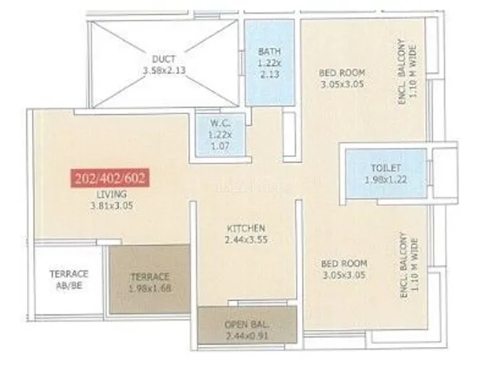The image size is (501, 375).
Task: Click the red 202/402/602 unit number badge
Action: (x=110, y=178)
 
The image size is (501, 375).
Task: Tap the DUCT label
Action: (x=164, y=59)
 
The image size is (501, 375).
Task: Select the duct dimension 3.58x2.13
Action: (x=164, y=70)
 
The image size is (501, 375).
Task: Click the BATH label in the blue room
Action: (x=269, y=51)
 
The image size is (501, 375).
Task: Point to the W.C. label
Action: (x=220, y=123)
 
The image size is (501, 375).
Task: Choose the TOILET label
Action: (x=386, y=168)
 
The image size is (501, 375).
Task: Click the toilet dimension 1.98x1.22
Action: (x=386, y=180)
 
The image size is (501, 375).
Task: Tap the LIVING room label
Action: (x=112, y=194)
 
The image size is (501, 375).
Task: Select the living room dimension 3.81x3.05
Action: (x=112, y=206)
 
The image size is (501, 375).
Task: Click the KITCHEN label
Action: (x=246, y=228)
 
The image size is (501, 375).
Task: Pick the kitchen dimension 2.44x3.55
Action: (x=246, y=239)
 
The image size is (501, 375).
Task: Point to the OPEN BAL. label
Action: (x=247, y=325)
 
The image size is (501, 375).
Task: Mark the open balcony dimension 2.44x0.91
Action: (x=247, y=336)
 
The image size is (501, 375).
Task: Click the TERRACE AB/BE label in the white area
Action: (x=69, y=279)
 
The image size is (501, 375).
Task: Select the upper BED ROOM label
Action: (x=342, y=73)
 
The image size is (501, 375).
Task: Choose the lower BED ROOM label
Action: (x=344, y=263)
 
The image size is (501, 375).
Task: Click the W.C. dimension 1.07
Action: (x=220, y=147)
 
